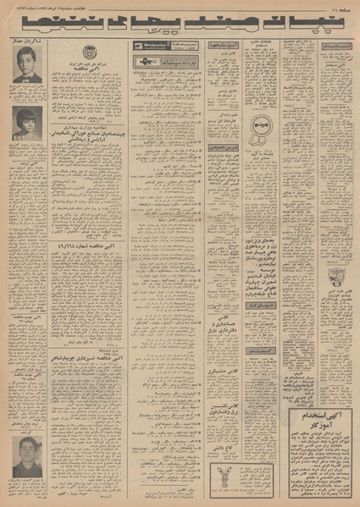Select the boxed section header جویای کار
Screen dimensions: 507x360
268,304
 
